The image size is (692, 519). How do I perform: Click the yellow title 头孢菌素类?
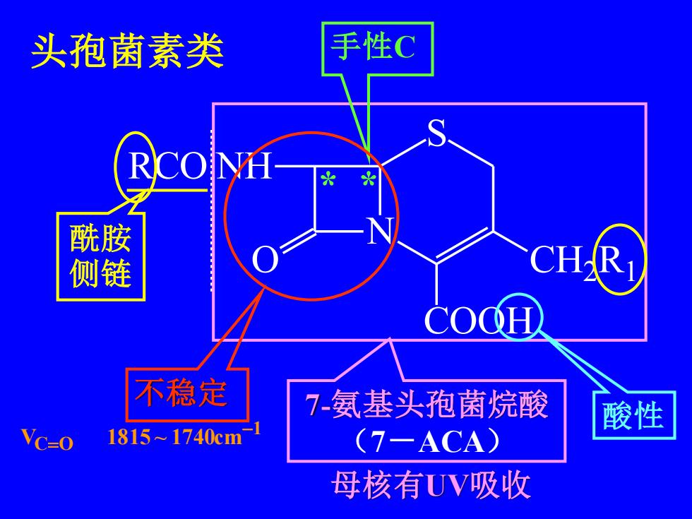pyautogui.click(x=127, y=52)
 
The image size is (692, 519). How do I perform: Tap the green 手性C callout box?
pyautogui.click(x=377, y=49)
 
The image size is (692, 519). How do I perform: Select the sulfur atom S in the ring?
pyautogui.click(x=437, y=133)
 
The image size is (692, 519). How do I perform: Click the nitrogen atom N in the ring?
pyautogui.click(x=380, y=230)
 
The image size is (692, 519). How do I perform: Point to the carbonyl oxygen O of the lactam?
pyautogui.click(x=266, y=260)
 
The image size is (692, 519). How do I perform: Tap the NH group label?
pyautogui.click(x=244, y=167)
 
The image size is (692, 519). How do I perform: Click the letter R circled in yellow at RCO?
pyautogui.click(x=141, y=167)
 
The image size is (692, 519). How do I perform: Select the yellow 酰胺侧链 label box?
pyautogui.click(x=101, y=256)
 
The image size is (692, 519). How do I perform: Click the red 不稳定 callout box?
pyautogui.click(x=188, y=394)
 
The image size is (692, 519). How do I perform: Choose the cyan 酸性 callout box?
pyautogui.click(x=634, y=415)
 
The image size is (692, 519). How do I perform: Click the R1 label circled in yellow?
pyautogui.click(x=617, y=262)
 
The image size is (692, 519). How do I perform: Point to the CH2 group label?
pyautogui.click(x=563, y=262)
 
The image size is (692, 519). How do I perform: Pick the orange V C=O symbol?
pyautogui.click(x=47, y=439)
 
